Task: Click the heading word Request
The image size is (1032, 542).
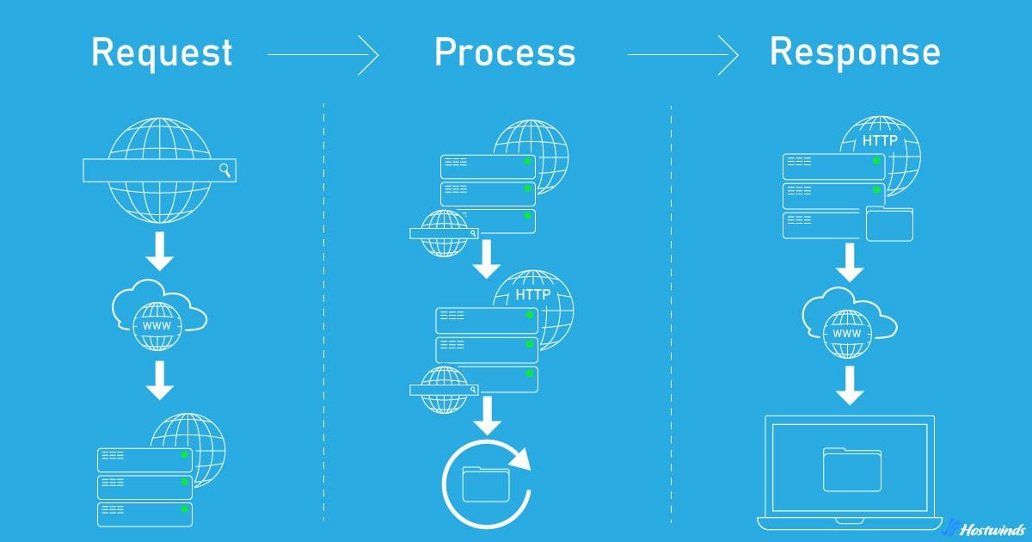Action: coord(162,53)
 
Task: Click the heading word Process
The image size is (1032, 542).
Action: coord(505,53)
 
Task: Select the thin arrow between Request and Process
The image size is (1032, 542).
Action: coord(323,55)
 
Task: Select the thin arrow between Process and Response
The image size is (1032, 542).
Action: coord(683,55)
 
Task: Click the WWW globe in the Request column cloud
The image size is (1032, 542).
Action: coord(157,326)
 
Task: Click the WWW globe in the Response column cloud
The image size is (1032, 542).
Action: coord(847,333)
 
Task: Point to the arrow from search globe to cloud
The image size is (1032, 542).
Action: coord(159,250)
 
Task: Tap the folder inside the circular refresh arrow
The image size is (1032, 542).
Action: coord(486,483)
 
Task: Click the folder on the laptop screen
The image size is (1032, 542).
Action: coord(852,469)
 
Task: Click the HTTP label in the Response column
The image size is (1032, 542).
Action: coord(880,139)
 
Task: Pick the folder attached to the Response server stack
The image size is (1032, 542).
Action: coord(889,224)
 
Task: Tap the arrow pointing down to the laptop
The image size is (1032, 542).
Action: coord(850,385)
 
